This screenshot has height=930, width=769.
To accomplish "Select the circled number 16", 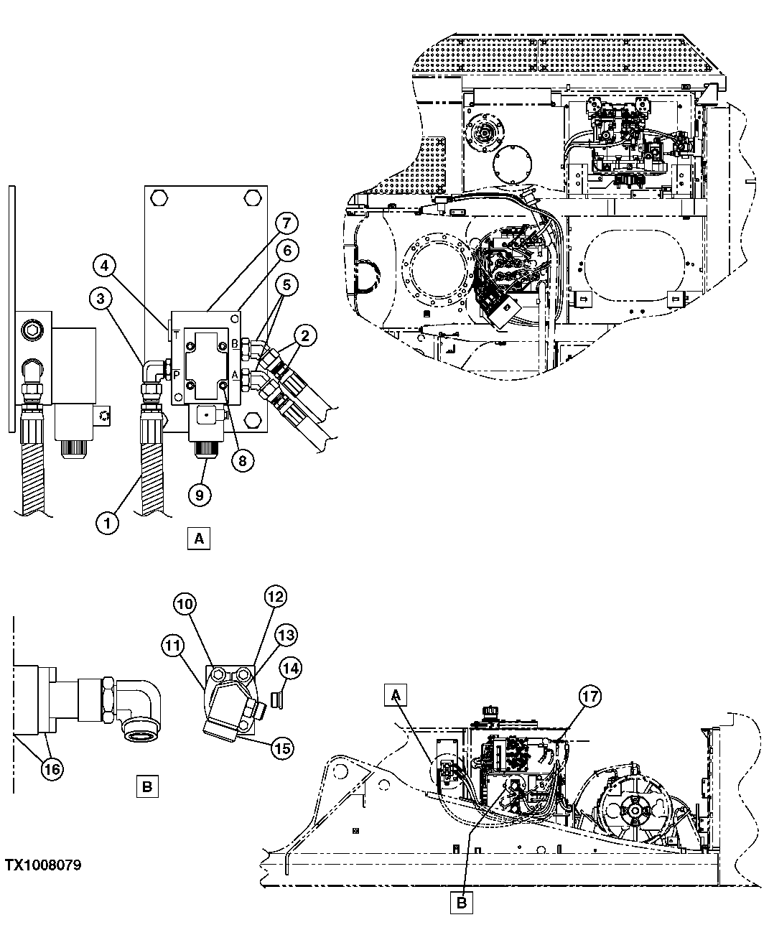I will [52, 768].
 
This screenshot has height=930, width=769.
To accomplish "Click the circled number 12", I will [276, 596].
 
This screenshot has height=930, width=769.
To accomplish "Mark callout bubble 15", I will [282, 748].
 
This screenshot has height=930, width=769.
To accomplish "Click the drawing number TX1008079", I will [43, 865].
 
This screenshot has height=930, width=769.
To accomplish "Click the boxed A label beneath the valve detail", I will [199, 538].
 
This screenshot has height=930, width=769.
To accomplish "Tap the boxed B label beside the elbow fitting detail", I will [146, 786].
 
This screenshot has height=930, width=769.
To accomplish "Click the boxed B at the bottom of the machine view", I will [462, 903].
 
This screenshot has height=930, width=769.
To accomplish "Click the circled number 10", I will [185, 605].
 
